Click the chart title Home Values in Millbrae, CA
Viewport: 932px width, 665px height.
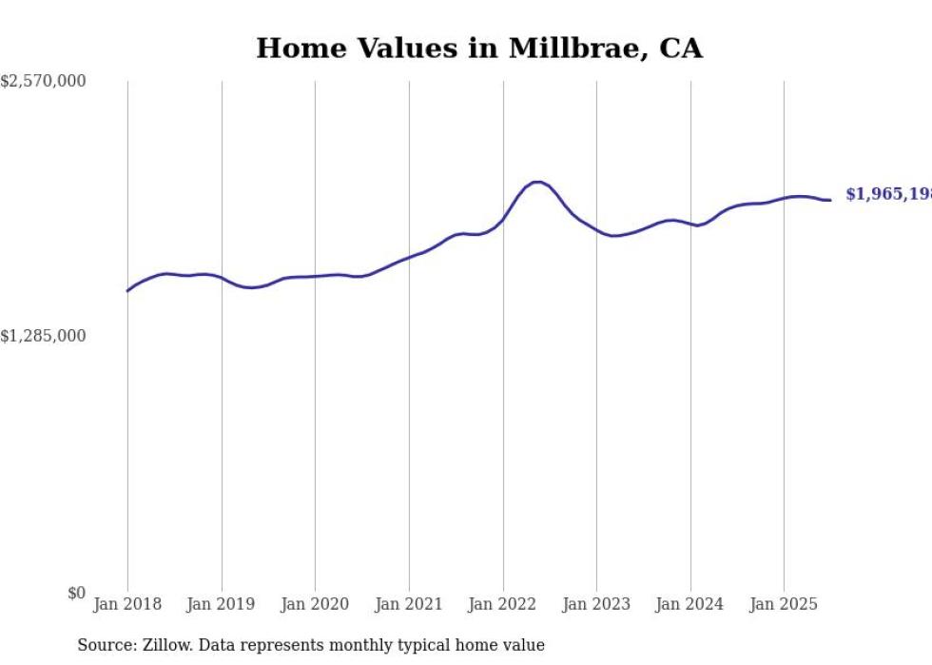(478, 49)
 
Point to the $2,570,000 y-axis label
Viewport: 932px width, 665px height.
(43, 82)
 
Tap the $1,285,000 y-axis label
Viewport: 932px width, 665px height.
(43, 336)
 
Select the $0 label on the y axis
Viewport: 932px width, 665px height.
(76, 593)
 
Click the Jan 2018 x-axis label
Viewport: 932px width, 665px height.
(127, 604)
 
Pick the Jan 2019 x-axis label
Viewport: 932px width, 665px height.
(222, 604)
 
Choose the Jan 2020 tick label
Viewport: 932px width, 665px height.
(315, 604)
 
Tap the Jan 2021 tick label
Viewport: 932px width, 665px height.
(409, 604)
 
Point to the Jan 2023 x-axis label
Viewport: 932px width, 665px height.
(596, 604)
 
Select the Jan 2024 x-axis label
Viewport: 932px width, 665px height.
(690, 604)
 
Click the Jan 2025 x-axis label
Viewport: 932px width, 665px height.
(784, 604)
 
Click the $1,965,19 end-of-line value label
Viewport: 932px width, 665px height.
(887, 194)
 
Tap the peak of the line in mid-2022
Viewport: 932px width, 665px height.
(537, 182)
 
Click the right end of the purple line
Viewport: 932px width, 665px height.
(830, 200)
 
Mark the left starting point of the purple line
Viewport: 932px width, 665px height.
(127, 290)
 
